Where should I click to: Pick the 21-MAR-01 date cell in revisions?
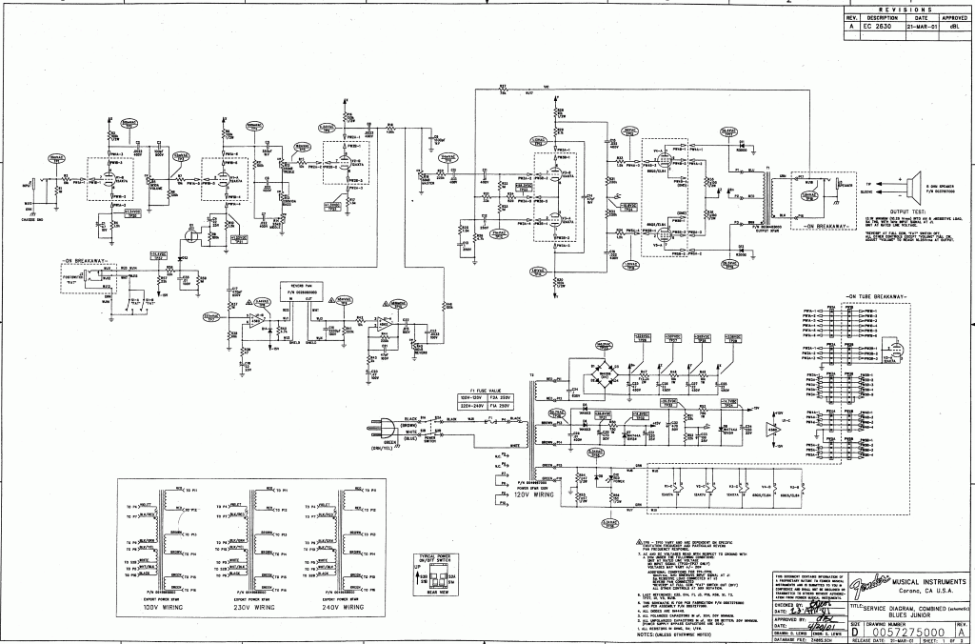(x=920, y=26)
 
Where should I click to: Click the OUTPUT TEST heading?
(x=904, y=211)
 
